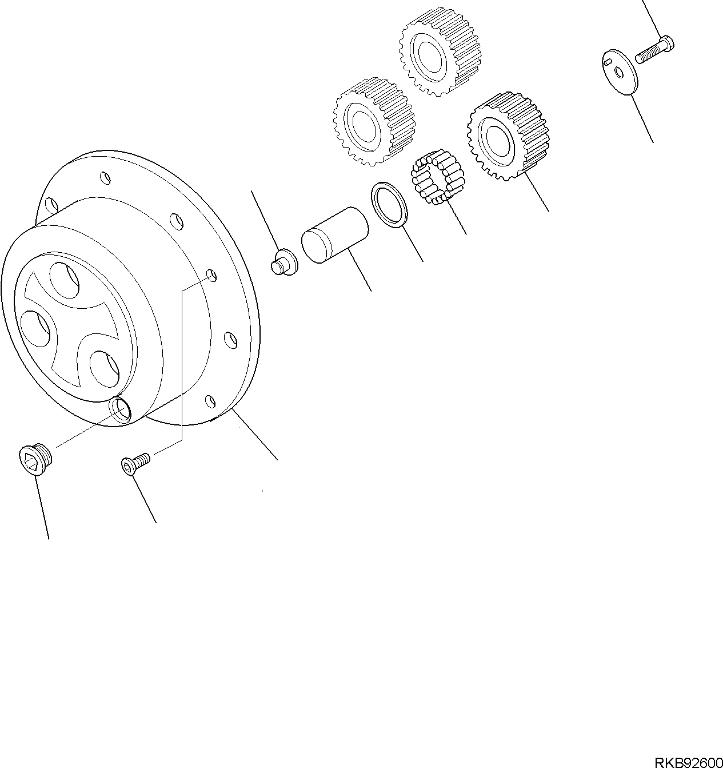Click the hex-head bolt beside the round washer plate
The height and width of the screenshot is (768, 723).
point(654,50)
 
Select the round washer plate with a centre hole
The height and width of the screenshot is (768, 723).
point(621,71)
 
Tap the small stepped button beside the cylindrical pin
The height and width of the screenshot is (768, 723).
point(284,262)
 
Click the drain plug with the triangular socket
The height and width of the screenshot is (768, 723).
point(35,459)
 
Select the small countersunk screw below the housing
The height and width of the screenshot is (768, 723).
point(135,463)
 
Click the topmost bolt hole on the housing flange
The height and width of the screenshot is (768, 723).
point(105,177)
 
